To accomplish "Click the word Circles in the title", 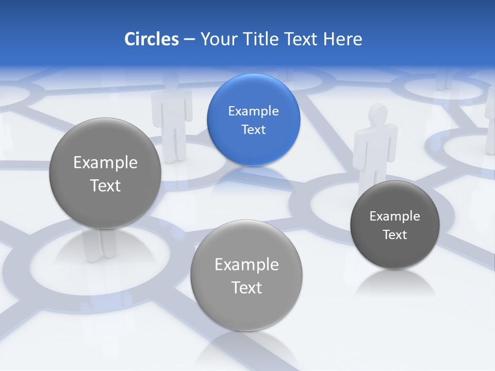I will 151,39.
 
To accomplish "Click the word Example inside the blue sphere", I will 253,111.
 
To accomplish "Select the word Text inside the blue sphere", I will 253,129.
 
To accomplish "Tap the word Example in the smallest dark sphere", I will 394,216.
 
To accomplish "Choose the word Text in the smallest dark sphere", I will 394,234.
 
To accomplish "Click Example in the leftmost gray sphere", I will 105,162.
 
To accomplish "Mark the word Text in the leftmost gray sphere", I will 105,185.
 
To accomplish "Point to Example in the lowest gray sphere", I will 246,264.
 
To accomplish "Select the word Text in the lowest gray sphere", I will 246,288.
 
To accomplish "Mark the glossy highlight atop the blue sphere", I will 253,84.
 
